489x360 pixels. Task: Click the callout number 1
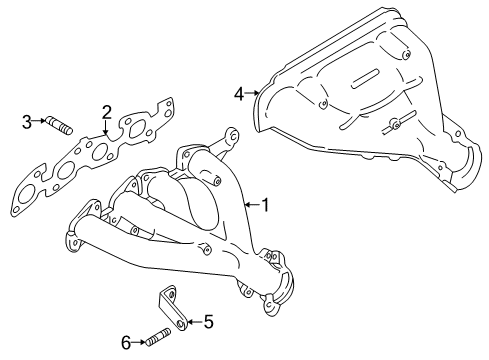(x=265, y=205)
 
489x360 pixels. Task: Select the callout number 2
(x=105, y=113)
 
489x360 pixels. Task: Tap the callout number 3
(x=27, y=123)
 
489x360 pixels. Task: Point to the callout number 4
(x=239, y=94)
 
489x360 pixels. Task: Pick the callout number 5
(x=208, y=322)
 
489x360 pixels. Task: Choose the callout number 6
(x=127, y=342)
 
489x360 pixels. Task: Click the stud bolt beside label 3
(x=59, y=124)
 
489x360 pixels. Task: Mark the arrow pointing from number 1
(x=250, y=206)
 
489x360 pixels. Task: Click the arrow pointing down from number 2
(x=105, y=128)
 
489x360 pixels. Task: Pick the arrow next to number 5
(x=193, y=322)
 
